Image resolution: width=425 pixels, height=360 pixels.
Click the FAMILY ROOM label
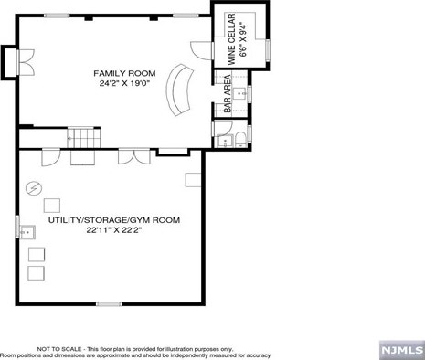pos(124,73)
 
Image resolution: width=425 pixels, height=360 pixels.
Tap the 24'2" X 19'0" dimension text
pos(124,83)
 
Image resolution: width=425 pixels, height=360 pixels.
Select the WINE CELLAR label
pos(232,39)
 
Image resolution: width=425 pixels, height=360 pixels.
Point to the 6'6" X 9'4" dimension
pos(243,39)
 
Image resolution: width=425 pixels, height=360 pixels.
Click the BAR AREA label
pos(228,94)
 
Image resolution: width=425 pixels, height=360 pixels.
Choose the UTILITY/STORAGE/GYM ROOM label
pos(114,220)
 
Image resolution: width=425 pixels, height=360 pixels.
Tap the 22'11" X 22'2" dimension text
pos(114,230)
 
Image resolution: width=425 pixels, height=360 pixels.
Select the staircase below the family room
pos(84,138)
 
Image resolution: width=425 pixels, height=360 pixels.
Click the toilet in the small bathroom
pos(242,141)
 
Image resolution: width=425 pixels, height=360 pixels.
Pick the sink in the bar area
pos(240,94)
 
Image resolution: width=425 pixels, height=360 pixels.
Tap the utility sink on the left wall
pos(27,232)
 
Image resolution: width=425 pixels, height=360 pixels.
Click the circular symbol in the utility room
pos(34,188)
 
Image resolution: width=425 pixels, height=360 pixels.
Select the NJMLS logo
pos(402,350)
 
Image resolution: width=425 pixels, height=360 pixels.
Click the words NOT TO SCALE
pos(59,349)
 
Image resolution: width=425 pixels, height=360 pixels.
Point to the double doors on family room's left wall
pos(27,62)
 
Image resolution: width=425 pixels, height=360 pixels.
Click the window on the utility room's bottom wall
pos(109,303)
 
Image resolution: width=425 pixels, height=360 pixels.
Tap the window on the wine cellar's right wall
pos(268,48)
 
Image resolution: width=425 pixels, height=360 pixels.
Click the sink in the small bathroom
pos(225,142)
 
